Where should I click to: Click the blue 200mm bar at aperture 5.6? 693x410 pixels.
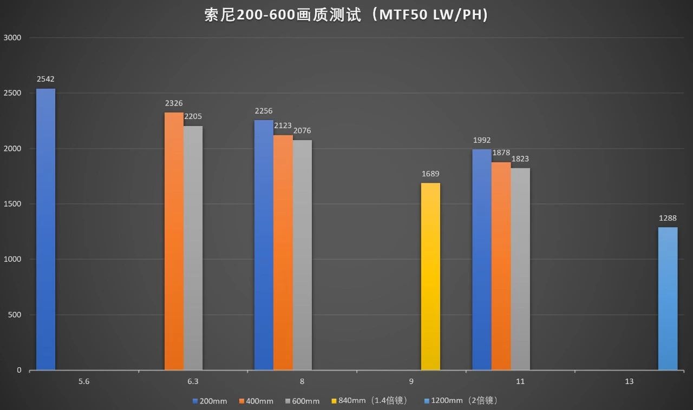click(45, 230)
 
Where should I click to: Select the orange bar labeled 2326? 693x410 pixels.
click(174, 242)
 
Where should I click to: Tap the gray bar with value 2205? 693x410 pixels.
click(193, 248)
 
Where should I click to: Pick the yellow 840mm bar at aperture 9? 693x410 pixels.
click(430, 277)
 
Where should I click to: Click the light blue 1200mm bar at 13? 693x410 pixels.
click(668, 299)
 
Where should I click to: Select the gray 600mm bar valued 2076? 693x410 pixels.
click(302, 255)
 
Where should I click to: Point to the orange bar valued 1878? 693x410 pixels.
click(501, 266)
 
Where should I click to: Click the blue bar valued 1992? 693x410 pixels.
click(481, 260)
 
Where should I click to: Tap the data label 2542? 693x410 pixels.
click(45, 80)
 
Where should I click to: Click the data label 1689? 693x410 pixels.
click(430, 174)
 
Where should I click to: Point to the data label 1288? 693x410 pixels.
click(668, 219)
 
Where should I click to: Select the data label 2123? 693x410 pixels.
click(283, 125)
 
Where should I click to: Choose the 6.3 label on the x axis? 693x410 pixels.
click(193, 382)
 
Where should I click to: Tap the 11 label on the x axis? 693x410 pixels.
click(520, 382)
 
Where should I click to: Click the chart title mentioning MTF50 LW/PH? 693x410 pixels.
click(346, 15)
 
